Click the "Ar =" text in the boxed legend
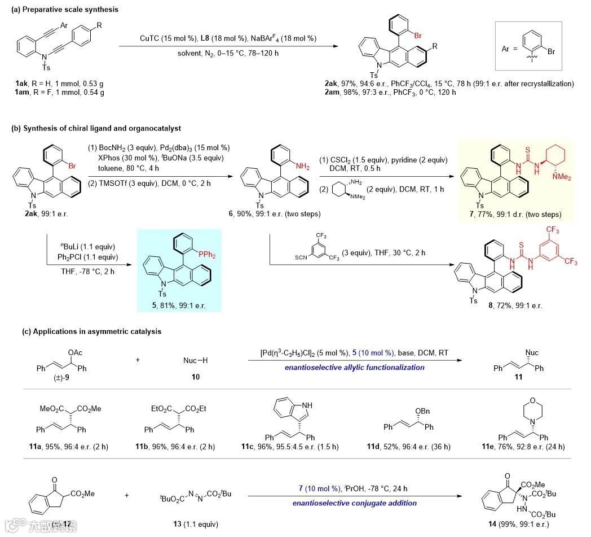pyautogui.click(x=510, y=49)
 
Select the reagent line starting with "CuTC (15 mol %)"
pyautogui.click(x=228, y=39)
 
